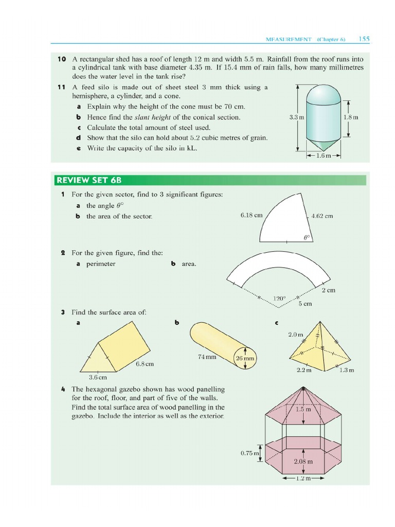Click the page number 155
[364, 39]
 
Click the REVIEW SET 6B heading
[88, 180]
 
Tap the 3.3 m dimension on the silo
[297, 117]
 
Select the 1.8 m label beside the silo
[351, 117]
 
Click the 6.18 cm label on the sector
[251, 215]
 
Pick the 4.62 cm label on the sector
[322, 216]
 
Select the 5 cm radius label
[305, 304]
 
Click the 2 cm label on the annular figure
[328, 290]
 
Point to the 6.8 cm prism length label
[145, 364]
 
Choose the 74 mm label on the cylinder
[207, 356]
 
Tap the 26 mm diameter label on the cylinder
[245, 358]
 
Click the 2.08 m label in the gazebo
[303, 461]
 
